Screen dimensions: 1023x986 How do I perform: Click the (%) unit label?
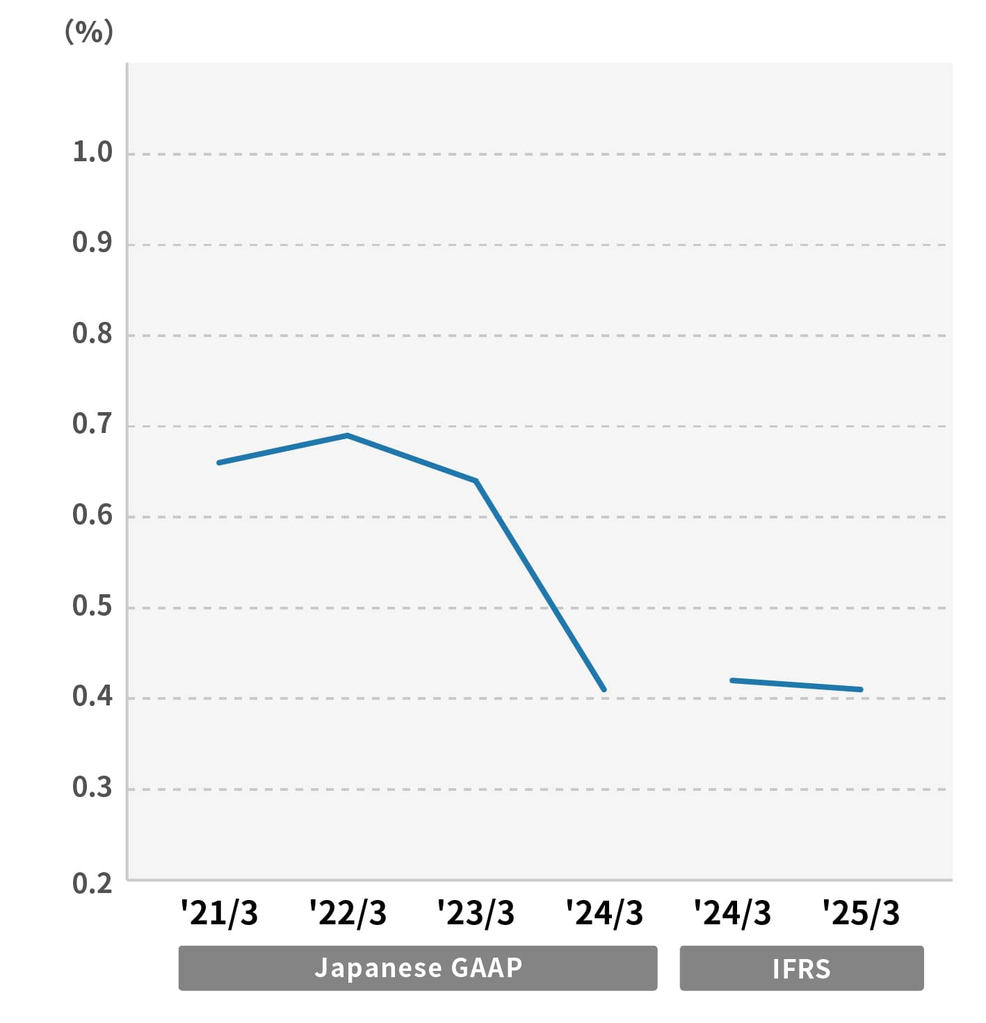89,32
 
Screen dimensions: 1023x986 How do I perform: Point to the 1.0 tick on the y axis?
92,152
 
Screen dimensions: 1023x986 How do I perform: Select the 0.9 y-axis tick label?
92,243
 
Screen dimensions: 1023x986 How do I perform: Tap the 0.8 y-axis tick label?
92,334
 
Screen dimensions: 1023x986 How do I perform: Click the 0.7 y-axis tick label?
92,424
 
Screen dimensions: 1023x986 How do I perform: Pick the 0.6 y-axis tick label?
92,515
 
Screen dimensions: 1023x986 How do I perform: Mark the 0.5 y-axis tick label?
92,606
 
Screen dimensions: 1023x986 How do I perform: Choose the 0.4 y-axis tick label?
92,696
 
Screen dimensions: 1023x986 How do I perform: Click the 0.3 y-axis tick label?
92,787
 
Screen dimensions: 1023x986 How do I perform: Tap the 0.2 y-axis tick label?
92,883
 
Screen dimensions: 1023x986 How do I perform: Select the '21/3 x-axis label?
219,913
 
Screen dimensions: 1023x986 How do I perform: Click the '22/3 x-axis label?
348,913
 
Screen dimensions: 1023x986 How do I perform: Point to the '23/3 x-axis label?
476,913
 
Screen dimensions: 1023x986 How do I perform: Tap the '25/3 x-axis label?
861,913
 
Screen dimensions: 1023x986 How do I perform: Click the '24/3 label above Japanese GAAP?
604,913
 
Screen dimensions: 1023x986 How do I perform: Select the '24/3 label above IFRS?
732,913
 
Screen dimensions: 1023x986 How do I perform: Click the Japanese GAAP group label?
418,968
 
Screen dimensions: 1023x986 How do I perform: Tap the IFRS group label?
802,968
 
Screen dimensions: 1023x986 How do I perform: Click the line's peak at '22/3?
347,436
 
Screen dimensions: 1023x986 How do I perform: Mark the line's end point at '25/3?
861,689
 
